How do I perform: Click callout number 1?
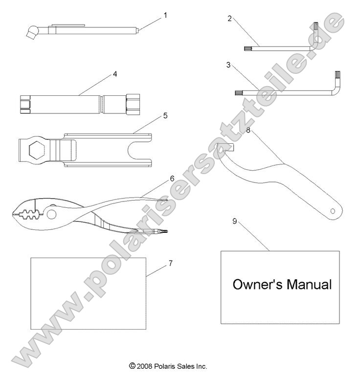pos(165,15)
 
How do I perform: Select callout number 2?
pos(230,19)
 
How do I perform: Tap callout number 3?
pos(228,65)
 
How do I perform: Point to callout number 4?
pos(115,74)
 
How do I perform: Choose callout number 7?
pos(171,263)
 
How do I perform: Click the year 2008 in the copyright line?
pos(145,366)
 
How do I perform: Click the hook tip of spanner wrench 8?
pos(233,148)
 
